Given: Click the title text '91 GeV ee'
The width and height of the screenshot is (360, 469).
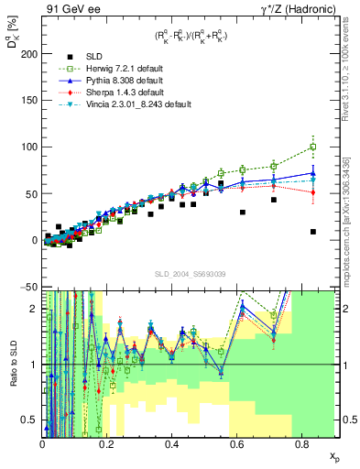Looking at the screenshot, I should click(x=67, y=8).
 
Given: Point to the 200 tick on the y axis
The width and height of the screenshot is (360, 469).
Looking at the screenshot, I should click(x=27, y=53).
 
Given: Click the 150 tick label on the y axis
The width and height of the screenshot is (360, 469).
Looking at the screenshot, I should click(x=27, y=100).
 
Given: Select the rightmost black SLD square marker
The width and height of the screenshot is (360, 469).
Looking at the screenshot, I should click(x=313, y=232).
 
